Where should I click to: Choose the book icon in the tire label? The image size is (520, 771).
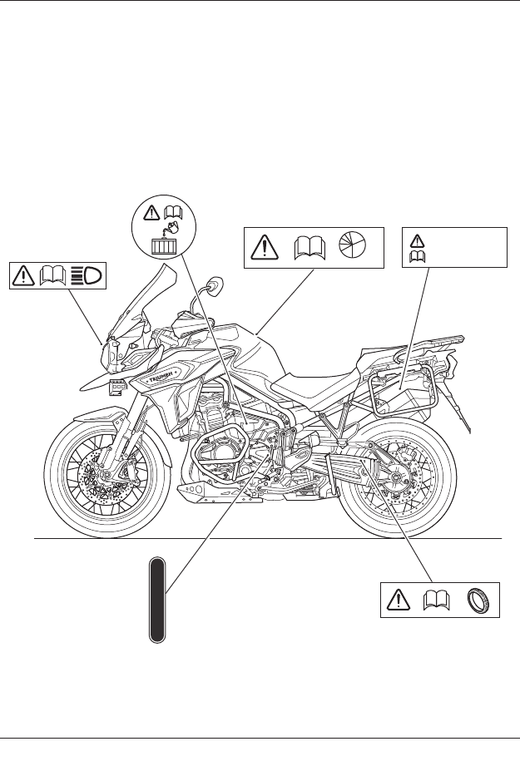438,600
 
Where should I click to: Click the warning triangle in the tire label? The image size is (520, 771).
398,600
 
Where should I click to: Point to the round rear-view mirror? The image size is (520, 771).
215,287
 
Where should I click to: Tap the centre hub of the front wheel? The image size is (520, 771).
106,476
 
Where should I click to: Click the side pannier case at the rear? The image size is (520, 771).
399,387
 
